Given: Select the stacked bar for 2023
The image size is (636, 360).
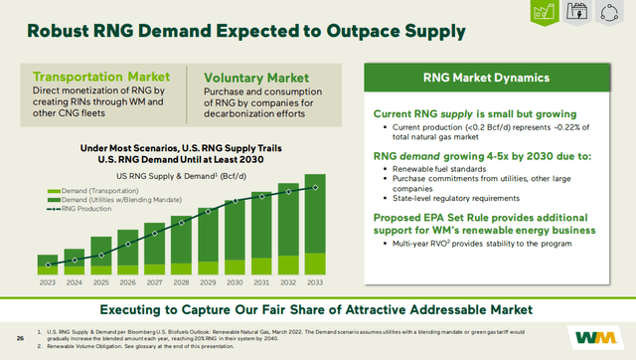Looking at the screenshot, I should click(x=46, y=264).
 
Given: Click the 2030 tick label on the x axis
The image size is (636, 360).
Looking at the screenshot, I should click(x=234, y=282).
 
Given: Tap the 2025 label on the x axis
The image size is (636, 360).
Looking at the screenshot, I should click(x=99, y=282).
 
